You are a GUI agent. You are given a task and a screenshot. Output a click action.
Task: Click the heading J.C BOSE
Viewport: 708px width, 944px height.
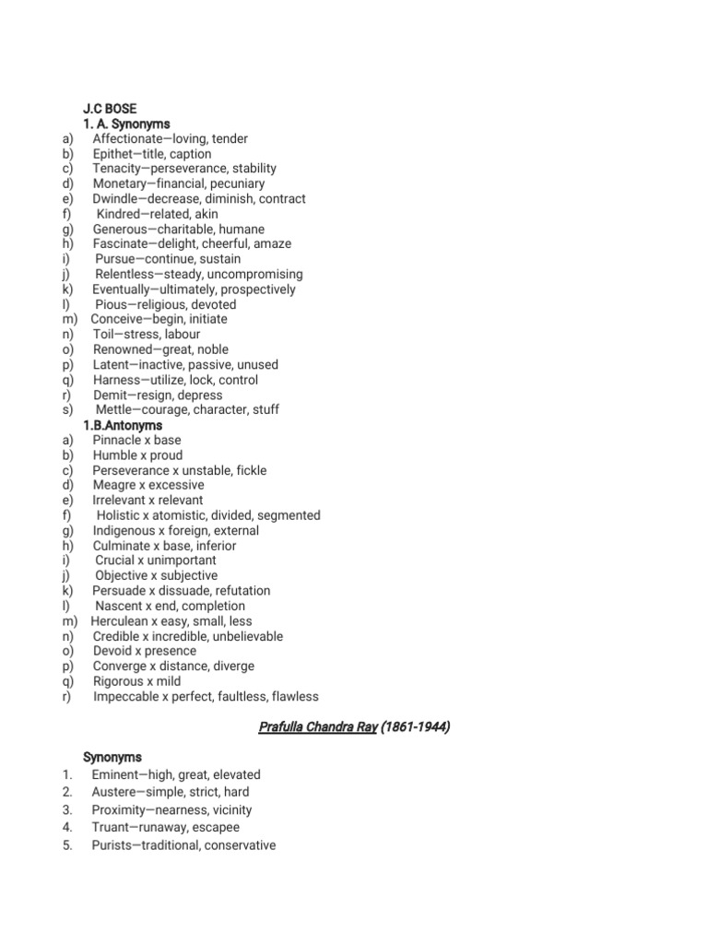[110, 109]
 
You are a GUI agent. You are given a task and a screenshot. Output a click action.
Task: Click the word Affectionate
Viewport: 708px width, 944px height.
[133, 139]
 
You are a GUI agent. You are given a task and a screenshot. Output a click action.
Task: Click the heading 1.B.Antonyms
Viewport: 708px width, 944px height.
[123, 426]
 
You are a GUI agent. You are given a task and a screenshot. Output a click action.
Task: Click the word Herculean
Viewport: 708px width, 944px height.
[124, 621]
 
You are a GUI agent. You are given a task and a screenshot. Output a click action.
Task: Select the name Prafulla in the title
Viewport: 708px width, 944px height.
[285, 727]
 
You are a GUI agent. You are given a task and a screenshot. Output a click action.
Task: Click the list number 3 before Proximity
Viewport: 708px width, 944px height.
[67, 810]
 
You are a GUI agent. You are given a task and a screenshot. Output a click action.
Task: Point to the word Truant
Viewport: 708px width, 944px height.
[111, 828]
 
